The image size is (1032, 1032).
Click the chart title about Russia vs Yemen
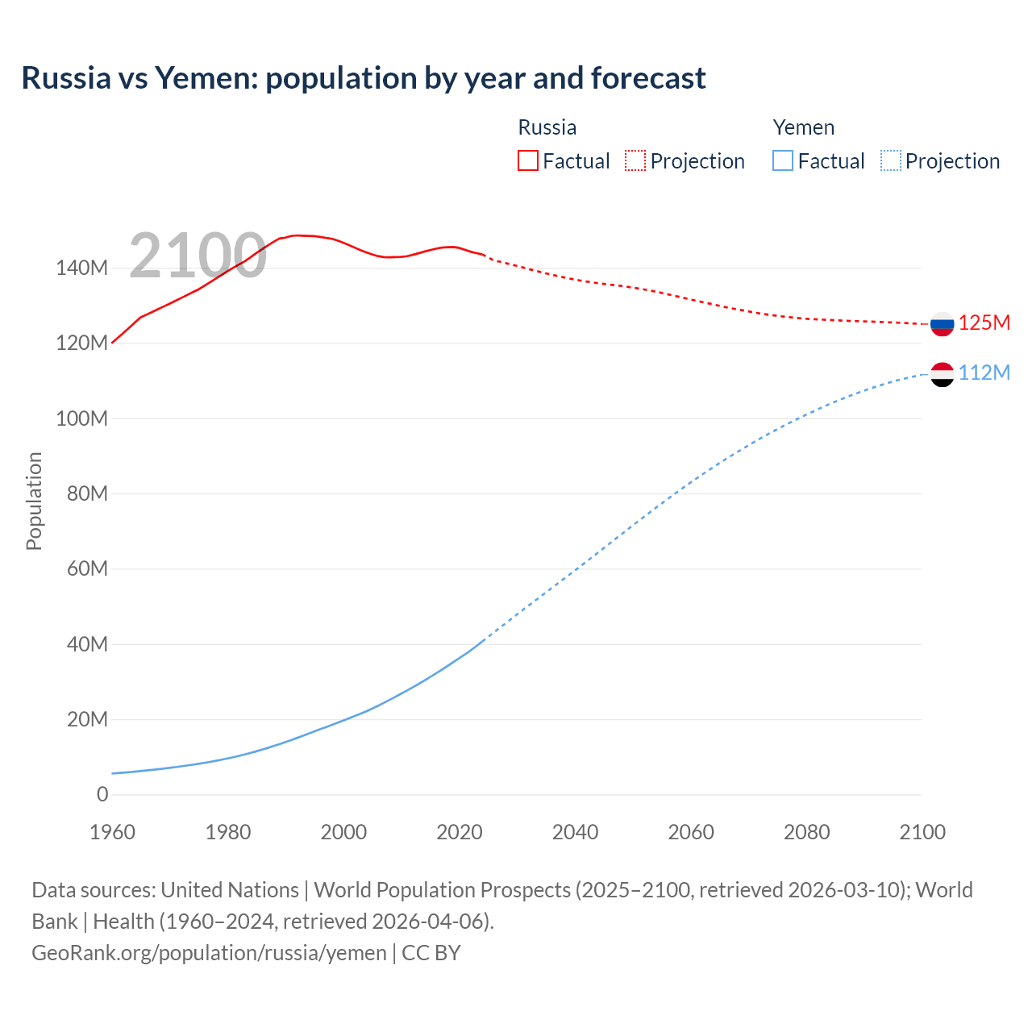[x=364, y=78]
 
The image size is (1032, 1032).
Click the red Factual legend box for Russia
[x=527, y=160]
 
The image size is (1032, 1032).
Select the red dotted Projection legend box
[x=635, y=160]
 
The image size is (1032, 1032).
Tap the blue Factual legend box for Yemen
[x=783, y=160]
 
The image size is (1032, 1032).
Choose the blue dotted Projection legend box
[x=891, y=160]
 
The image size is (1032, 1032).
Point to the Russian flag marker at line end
[x=942, y=324]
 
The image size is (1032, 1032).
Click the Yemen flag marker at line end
[x=942, y=375]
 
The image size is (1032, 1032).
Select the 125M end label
[x=984, y=323]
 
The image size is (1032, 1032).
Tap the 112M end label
[x=984, y=372]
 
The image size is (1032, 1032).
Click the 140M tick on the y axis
[x=81, y=268]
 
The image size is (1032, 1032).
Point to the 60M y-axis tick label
[x=86, y=569]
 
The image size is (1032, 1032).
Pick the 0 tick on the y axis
[x=102, y=795]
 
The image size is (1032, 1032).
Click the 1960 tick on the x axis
[x=112, y=832]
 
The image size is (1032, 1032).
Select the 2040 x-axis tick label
[x=575, y=832]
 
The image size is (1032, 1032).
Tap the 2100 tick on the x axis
[x=922, y=832]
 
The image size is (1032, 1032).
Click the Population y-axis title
[x=34, y=501]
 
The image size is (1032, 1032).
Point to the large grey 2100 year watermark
[x=198, y=256]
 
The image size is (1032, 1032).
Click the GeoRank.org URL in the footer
[x=209, y=953]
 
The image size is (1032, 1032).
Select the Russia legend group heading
[x=547, y=127]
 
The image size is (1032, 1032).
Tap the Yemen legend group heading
[x=803, y=127]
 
